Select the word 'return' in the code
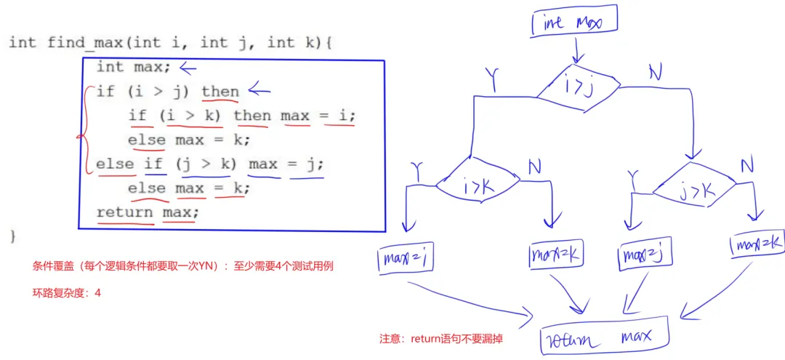pyautogui.click(x=125, y=212)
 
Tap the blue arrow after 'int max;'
pyautogui.click(x=188, y=68)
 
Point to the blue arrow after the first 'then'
pyautogui.click(x=259, y=91)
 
